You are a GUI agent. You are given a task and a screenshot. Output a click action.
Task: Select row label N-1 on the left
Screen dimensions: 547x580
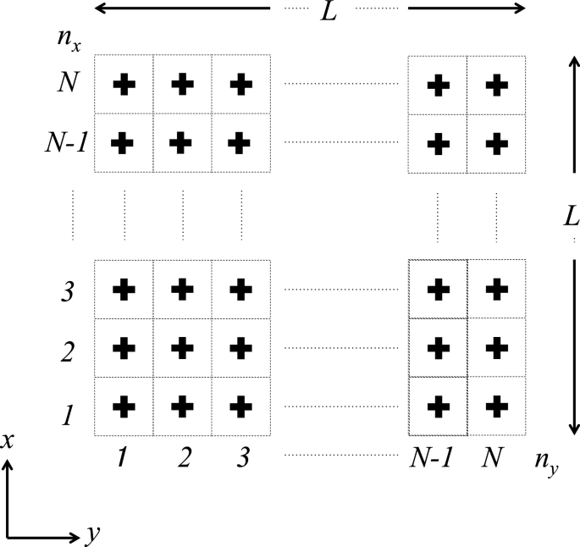(65, 141)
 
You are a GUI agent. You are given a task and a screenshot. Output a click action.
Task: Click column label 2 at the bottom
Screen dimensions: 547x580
(184, 458)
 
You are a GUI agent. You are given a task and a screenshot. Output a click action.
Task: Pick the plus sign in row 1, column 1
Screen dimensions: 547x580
(124, 406)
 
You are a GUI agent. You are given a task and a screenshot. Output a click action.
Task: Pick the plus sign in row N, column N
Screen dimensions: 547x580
(495, 84)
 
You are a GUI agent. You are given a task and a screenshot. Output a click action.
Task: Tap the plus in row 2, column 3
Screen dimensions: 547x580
(241, 348)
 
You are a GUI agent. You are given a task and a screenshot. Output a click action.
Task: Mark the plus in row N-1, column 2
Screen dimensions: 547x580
(180, 142)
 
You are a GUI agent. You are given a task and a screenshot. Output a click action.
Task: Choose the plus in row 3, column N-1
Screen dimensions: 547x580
(438, 290)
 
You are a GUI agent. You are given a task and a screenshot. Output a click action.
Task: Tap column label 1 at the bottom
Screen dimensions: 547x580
(123, 458)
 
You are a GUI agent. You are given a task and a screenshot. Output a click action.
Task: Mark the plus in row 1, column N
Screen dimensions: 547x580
(495, 406)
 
